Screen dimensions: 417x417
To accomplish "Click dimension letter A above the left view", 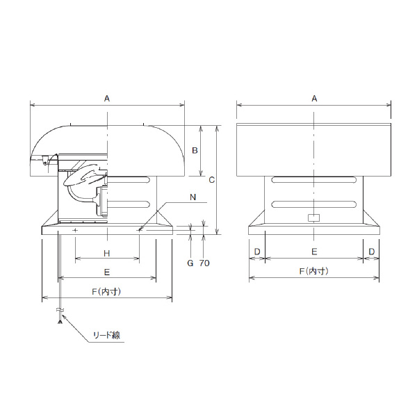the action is click(x=106, y=99).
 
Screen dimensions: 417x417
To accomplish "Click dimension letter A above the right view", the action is click(x=314, y=99).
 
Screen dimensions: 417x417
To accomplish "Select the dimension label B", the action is click(x=195, y=151).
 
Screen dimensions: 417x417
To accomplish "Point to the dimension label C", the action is click(x=212, y=180).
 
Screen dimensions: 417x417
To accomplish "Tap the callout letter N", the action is click(x=193, y=197).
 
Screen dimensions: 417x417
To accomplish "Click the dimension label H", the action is click(x=106, y=253).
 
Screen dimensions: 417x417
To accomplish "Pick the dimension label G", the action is click(x=190, y=263).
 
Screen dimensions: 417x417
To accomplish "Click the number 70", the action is click(x=204, y=263).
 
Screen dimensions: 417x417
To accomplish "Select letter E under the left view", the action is click(x=106, y=272).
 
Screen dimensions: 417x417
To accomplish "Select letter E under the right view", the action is click(x=314, y=252).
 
